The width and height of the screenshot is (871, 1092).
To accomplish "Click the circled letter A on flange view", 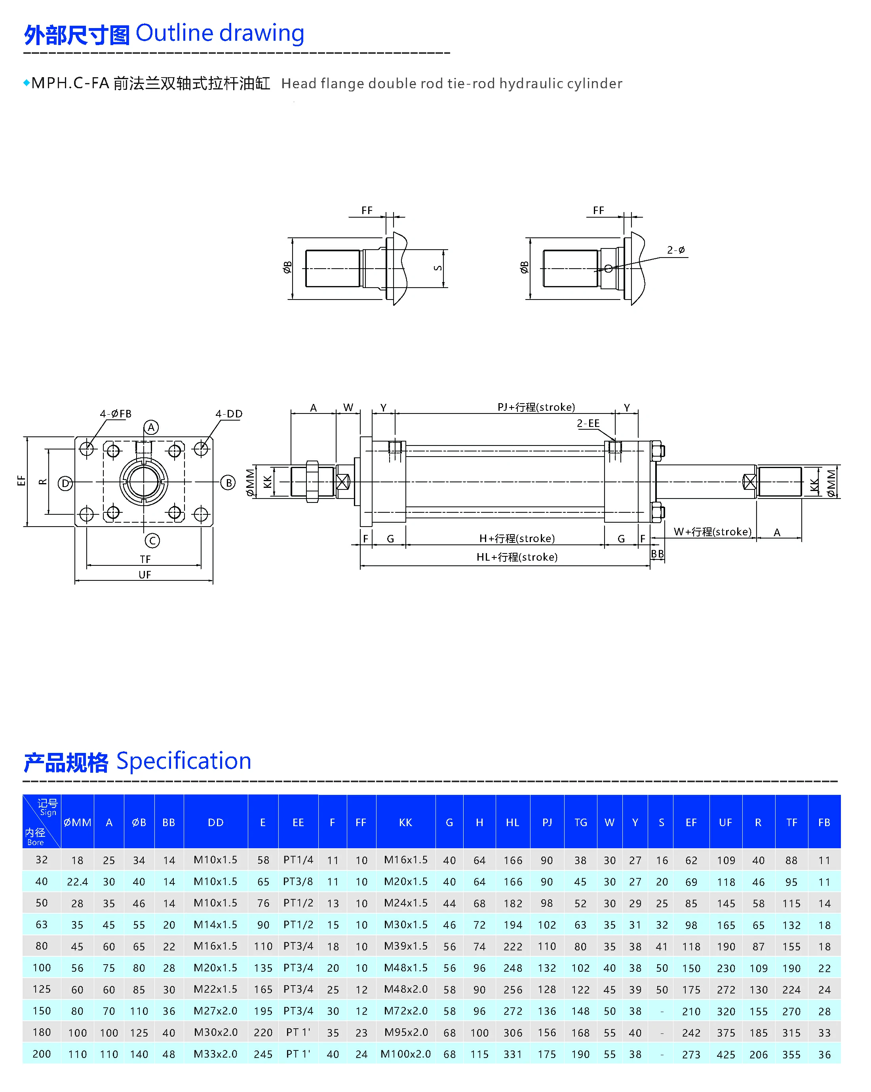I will (x=151, y=427).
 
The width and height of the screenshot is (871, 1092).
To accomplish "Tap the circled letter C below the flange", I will (x=152, y=540).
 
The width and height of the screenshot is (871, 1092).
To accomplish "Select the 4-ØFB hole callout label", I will (x=116, y=414).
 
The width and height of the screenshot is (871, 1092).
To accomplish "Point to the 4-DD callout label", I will (x=229, y=414).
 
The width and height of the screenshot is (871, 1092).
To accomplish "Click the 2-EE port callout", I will (x=588, y=423).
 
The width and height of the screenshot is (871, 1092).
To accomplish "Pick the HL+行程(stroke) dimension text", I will (x=517, y=557).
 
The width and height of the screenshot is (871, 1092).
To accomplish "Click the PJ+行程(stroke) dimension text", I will (x=536, y=407).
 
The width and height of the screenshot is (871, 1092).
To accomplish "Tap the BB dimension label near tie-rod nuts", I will (x=657, y=554).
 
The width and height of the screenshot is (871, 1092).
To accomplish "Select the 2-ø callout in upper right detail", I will (x=676, y=250).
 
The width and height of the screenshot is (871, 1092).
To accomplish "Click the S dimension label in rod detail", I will (x=438, y=268).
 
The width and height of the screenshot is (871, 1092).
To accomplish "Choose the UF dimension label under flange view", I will (x=145, y=575).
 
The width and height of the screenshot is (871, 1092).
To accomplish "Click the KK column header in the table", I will (x=405, y=823).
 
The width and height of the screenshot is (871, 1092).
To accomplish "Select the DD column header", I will (x=215, y=823).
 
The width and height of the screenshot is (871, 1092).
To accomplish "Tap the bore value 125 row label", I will (x=42, y=989).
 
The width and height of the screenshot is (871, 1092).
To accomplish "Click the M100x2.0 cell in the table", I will (x=405, y=1054).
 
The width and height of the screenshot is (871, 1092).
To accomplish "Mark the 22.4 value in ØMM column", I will (x=77, y=882).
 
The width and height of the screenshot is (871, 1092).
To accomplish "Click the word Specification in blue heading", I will (x=183, y=761).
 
